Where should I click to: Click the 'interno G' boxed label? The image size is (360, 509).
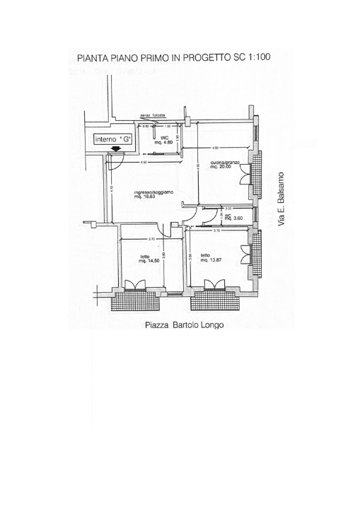point(112,139)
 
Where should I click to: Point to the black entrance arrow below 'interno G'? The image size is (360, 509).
point(115,149)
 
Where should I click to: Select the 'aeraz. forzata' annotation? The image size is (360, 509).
point(153,115)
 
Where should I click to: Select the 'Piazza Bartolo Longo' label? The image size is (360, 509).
point(178,326)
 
